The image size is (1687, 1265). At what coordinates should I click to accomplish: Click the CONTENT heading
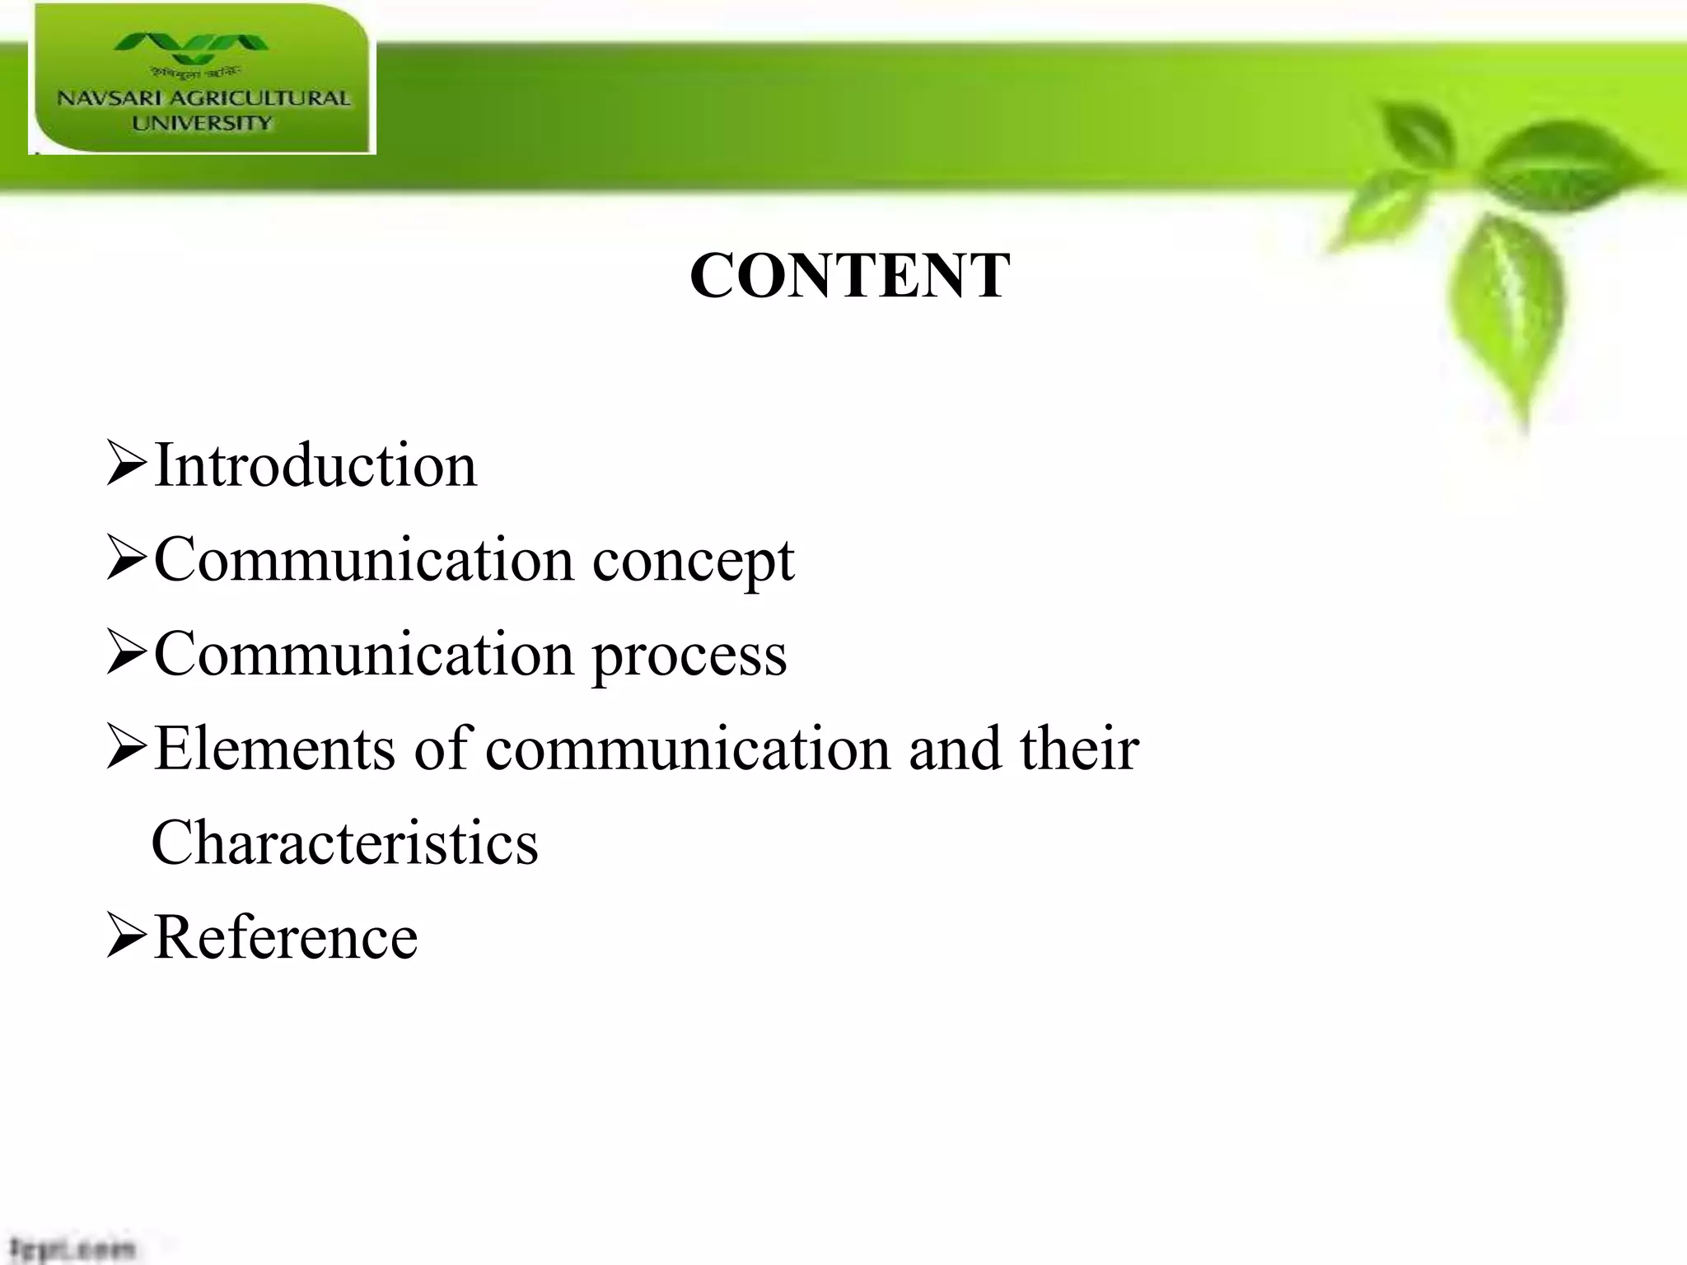[x=849, y=276]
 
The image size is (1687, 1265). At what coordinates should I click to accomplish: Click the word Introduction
[x=315, y=465]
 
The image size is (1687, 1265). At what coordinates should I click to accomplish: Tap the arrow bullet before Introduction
[x=126, y=465]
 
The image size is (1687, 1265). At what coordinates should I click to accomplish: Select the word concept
[x=693, y=562]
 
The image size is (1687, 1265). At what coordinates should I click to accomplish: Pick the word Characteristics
[x=345, y=843]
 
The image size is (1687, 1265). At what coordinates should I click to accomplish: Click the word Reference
[x=286, y=938]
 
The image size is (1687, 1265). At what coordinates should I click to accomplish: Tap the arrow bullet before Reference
[x=126, y=939]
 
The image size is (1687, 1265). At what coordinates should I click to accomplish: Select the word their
[x=1079, y=749]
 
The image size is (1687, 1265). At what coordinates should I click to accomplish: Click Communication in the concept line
[x=364, y=561]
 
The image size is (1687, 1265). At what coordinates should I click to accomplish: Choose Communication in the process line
[x=364, y=655]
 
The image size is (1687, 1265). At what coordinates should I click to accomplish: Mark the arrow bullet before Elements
[x=126, y=749]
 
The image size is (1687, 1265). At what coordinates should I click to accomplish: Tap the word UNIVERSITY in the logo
[x=202, y=124]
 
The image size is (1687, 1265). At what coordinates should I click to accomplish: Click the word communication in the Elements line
[x=688, y=749]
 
